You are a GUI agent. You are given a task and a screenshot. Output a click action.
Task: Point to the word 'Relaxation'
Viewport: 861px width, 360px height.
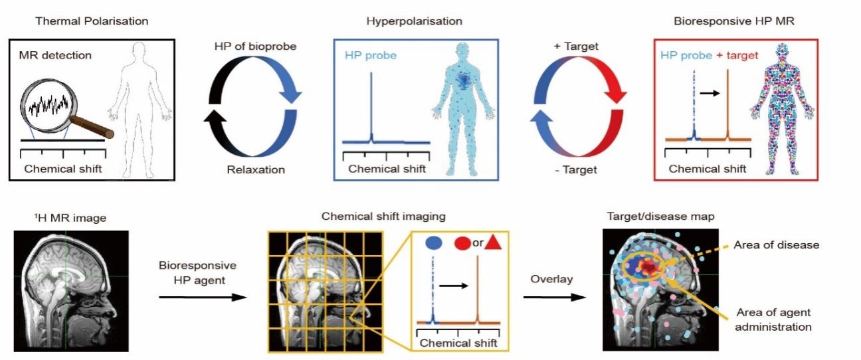(x=254, y=169)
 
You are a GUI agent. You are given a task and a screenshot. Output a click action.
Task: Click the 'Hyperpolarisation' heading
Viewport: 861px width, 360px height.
(x=414, y=21)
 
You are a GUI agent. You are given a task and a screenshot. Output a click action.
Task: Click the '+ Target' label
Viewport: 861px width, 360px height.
(x=575, y=46)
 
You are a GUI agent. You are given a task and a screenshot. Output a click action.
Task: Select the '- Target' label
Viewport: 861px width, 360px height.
(x=575, y=169)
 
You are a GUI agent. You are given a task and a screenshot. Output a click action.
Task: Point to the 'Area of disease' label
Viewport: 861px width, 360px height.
(x=776, y=245)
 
